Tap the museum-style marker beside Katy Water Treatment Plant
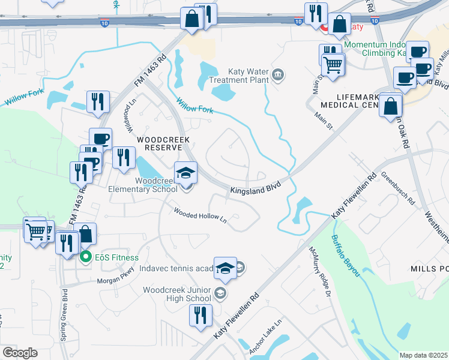[x=278, y=75]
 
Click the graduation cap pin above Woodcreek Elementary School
[x=185, y=174]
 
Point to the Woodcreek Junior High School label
[x=177, y=294]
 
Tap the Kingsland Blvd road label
[x=256, y=188]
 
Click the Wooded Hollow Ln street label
[x=200, y=215]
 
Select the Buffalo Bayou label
[x=345, y=255]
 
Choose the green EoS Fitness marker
[x=86, y=257]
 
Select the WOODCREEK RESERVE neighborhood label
[x=163, y=144]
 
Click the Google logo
[x=19, y=353]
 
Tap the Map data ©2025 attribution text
[x=423, y=355]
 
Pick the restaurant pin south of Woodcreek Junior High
[x=200, y=315]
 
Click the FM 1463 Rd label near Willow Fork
[x=150, y=71]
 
